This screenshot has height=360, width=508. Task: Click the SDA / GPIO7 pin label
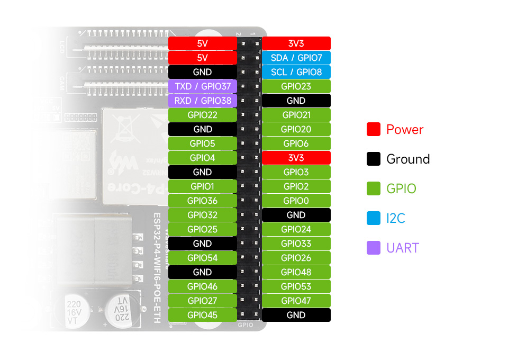tap(296, 58)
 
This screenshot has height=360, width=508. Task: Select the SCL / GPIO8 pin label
tap(296, 72)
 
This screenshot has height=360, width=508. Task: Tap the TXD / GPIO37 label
tap(203, 86)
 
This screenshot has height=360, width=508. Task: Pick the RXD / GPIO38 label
tap(203, 101)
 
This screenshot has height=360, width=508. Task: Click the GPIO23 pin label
tap(296, 86)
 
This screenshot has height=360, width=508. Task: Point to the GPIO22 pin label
tap(203, 115)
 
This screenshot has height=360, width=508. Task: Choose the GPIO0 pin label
tap(296, 201)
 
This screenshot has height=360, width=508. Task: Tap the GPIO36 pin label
tap(203, 201)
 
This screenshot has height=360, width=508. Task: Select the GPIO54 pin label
tap(203, 258)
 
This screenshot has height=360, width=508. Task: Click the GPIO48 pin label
tap(296, 272)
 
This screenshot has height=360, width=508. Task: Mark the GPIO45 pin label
tap(203, 315)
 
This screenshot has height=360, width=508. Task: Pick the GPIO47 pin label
tap(296, 301)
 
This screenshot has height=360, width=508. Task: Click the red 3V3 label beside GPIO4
tap(296, 158)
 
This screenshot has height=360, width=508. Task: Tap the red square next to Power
tap(374, 129)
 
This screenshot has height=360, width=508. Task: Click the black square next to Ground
tap(374, 159)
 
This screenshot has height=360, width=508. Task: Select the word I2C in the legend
tap(396, 218)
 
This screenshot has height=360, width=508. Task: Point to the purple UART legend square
tap(374, 248)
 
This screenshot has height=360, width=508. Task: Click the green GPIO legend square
tap(374, 188)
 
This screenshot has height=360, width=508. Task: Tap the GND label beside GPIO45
tap(296, 315)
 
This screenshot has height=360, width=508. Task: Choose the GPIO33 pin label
tap(296, 244)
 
